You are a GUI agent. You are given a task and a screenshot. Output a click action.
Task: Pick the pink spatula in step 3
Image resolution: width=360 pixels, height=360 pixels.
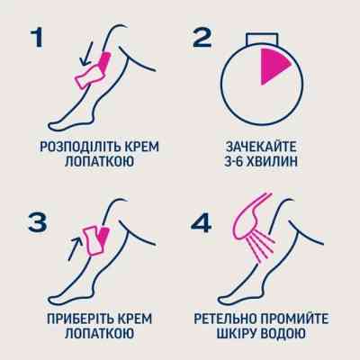click(x=95, y=242)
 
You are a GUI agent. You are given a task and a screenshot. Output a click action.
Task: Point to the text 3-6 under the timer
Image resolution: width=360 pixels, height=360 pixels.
click(x=233, y=164)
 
